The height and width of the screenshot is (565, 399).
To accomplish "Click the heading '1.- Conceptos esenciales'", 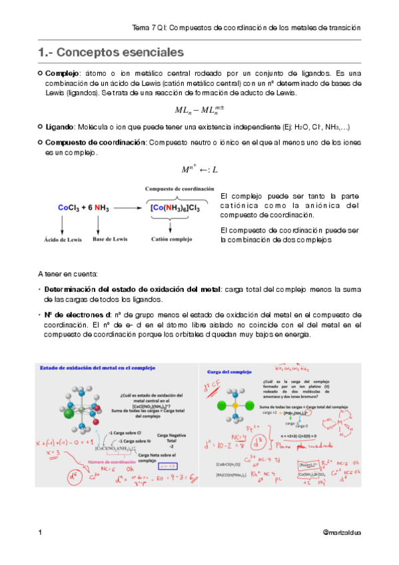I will tap(111, 51).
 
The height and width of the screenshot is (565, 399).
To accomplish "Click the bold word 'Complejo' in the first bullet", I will tap(62, 73).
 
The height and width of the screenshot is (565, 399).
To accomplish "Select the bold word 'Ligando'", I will tap(59, 126).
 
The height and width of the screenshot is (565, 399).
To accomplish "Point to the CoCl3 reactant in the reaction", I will tap(69, 208).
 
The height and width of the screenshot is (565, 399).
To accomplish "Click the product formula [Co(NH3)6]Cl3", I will tap(175, 208).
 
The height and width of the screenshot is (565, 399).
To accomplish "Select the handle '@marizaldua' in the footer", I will tap(341, 533).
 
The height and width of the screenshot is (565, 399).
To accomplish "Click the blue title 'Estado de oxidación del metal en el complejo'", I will tap(97, 367).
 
